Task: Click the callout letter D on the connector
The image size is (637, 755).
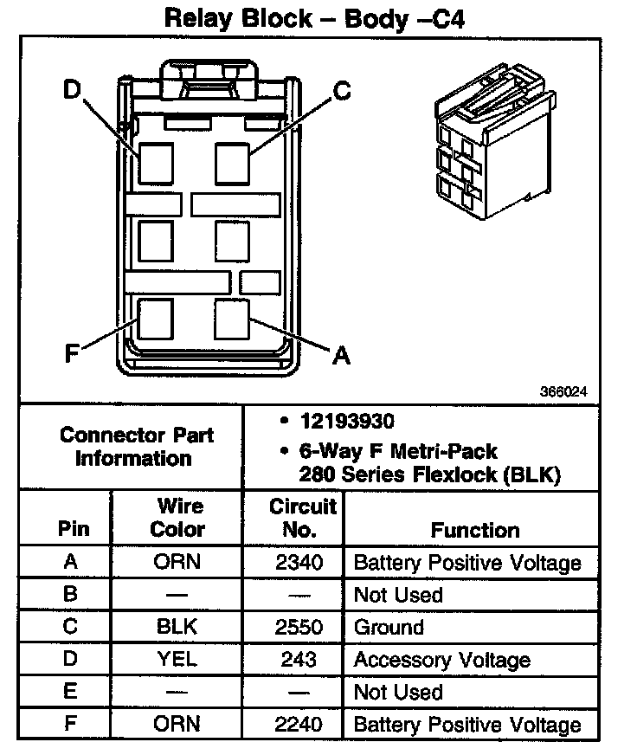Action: (72, 89)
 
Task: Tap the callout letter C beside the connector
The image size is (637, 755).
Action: (343, 90)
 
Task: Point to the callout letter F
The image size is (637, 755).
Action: (73, 354)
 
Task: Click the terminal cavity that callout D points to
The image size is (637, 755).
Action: (156, 162)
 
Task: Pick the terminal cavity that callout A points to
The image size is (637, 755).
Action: (232, 319)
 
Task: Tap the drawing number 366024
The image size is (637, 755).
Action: (564, 391)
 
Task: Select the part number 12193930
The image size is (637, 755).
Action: (346, 422)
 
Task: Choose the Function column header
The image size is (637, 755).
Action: (475, 530)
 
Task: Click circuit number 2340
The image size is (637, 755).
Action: (299, 563)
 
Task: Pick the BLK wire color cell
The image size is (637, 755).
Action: (177, 627)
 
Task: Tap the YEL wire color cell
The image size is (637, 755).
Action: (177, 659)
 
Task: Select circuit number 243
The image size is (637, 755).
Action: (299, 659)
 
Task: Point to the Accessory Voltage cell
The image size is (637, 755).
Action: (441, 660)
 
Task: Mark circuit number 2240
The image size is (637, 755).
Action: (299, 723)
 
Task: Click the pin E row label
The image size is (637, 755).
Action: (71, 691)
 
